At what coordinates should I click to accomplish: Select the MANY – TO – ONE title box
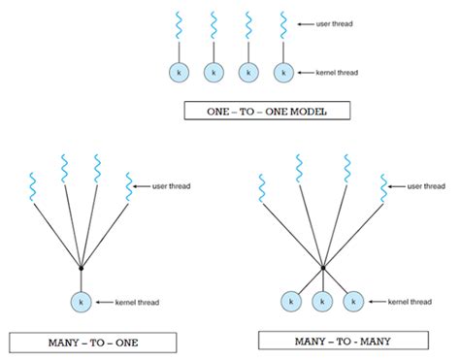[x=93, y=342]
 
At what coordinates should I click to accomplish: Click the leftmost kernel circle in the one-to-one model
[x=179, y=72]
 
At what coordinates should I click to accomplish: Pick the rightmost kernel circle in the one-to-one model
[x=282, y=72]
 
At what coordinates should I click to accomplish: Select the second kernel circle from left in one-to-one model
[x=213, y=72]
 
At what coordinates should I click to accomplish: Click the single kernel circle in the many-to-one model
[x=81, y=302]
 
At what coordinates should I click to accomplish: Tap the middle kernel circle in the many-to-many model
[x=322, y=302]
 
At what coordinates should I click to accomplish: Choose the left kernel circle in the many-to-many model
[x=289, y=302]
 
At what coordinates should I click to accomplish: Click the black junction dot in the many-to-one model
[x=81, y=266]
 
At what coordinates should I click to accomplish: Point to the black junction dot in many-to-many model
[x=322, y=265]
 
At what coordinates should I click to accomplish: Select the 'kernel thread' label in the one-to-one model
[x=336, y=73]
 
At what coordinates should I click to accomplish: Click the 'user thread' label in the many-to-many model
[x=428, y=185]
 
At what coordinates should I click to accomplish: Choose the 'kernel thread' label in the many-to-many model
[x=409, y=303]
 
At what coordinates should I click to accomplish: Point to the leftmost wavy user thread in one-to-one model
[x=179, y=25]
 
